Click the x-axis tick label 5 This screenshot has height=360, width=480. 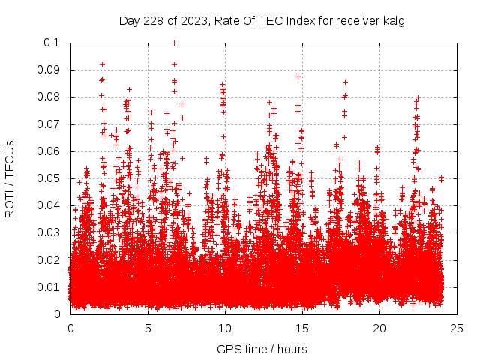pyautogui.click(x=148, y=328)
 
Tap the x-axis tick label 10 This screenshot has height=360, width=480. pyautogui.click(x=225, y=328)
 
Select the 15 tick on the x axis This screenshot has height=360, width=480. pyautogui.click(x=302, y=328)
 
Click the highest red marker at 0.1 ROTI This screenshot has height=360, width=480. pyautogui.click(x=175, y=43)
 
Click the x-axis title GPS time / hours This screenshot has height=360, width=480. pyautogui.click(x=262, y=349)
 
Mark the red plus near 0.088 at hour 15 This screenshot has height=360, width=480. pyautogui.click(x=298, y=76)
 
